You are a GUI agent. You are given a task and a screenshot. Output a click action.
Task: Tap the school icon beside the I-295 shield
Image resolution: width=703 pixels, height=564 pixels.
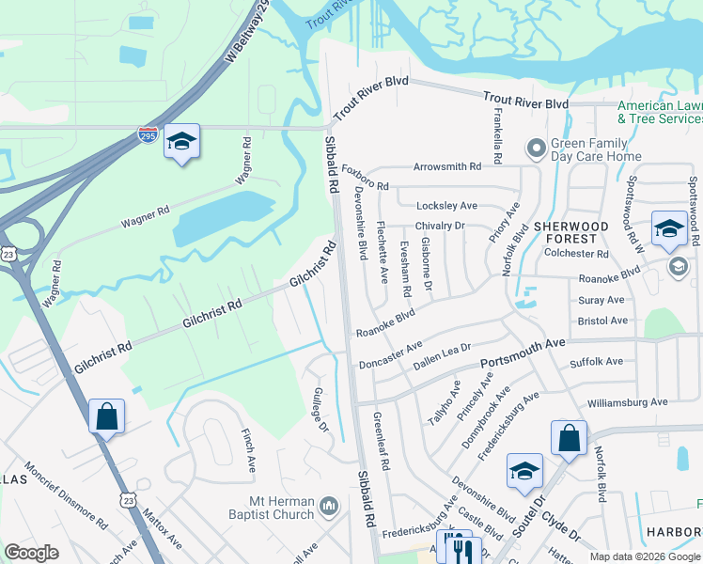[181, 142]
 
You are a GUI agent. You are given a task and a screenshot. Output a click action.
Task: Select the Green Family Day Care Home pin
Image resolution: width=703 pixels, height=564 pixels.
[536, 148]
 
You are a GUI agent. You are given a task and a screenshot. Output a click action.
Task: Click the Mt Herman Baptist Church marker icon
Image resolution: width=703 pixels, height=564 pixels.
[329, 507]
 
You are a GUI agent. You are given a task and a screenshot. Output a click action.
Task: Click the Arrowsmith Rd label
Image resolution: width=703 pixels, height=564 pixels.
[447, 166]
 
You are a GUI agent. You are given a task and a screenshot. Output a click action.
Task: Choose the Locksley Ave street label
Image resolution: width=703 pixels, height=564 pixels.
[449, 205]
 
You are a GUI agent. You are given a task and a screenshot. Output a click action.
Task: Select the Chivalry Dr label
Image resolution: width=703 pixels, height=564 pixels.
[440, 226]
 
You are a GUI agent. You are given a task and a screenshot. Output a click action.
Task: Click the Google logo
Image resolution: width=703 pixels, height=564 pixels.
[31, 552]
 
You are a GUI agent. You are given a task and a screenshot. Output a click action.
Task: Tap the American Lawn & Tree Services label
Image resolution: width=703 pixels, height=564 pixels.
[660, 112]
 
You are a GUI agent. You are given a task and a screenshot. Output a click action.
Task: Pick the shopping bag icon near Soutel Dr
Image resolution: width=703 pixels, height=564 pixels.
[569, 438]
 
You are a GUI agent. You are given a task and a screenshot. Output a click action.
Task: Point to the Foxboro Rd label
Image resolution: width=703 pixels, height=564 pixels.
[365, 179]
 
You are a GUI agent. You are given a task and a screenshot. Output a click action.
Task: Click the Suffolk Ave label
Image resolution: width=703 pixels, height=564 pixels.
[596, 362]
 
